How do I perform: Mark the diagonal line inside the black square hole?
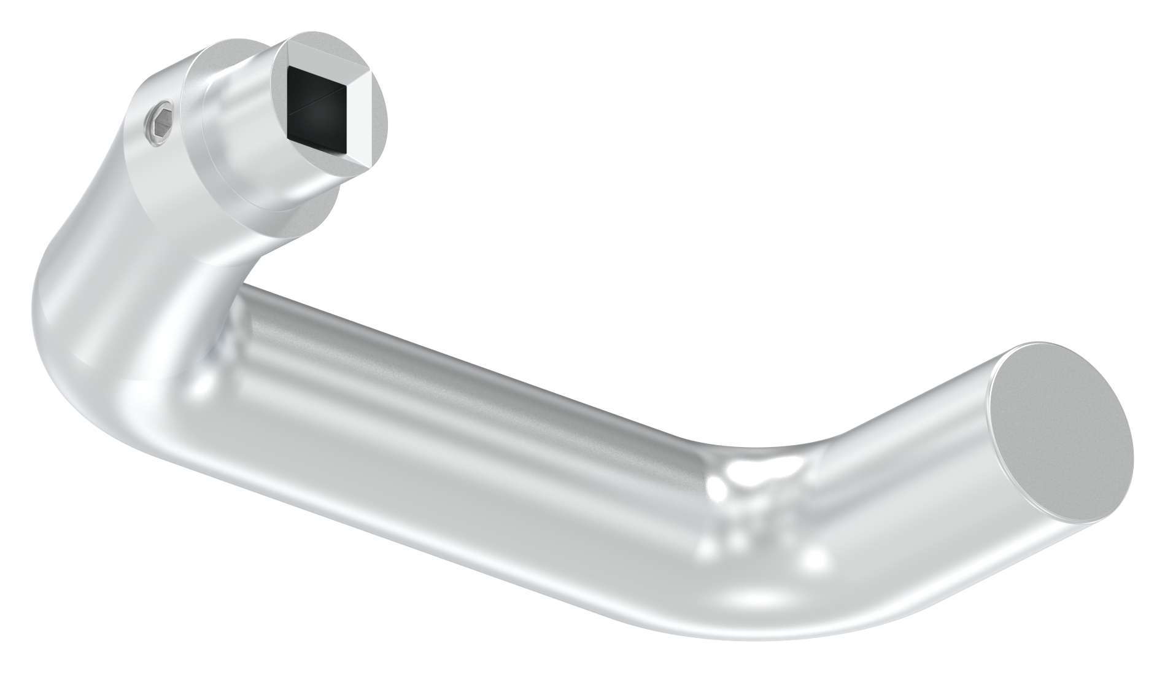[x=319, y=101]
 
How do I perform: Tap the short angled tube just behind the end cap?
[x=908, y=467]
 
